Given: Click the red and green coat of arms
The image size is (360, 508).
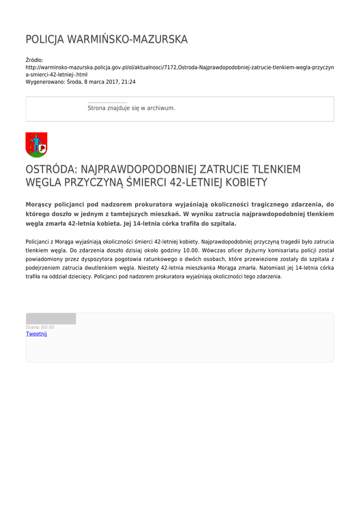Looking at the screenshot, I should [36, 144].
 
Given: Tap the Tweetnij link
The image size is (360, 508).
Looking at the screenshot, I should [36, 334].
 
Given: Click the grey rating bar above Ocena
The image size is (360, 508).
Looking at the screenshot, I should [51, 318].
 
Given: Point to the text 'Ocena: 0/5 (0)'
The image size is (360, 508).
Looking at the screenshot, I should [40, 327].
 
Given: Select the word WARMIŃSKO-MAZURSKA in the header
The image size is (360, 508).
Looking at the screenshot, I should [128, 39].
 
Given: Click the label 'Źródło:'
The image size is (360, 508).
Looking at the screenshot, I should [34, 60].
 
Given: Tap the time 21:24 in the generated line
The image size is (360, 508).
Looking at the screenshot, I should [129, 82].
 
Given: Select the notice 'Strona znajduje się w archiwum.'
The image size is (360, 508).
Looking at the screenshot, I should [131, 108].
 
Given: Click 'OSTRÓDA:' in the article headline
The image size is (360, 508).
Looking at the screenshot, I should [51, 170].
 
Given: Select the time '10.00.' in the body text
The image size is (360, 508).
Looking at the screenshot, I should [191, 250].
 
